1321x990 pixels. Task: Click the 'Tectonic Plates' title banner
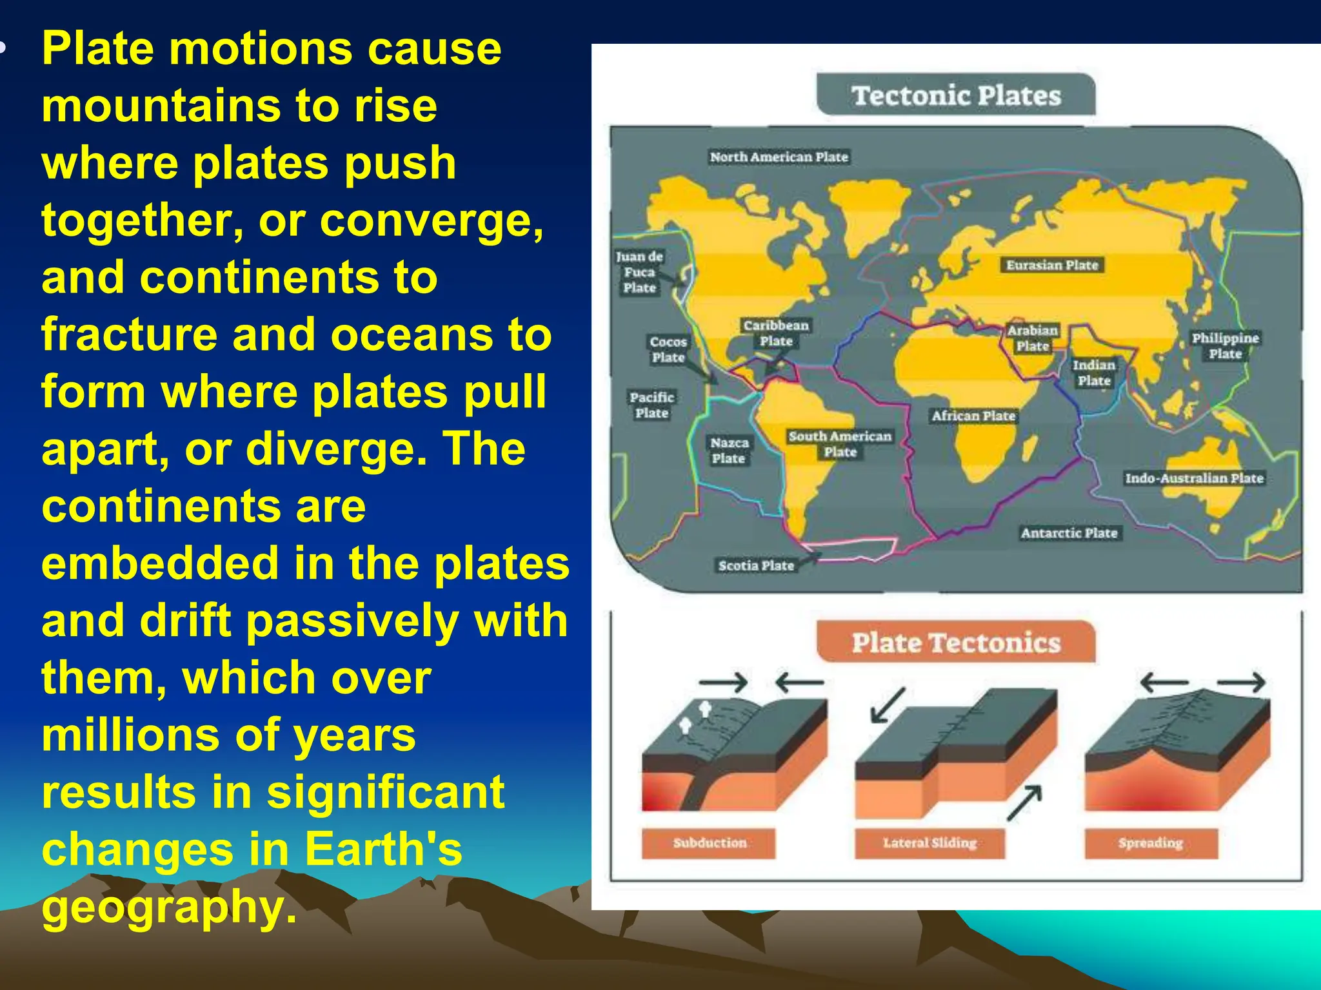click(x=955, y=95)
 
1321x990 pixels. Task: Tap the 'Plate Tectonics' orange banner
click(x=955, y=642)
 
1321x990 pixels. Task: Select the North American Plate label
click(x=779, y=157)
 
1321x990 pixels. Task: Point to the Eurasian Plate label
click(x=1052, y=265)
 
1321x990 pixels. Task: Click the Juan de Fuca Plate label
click(x=639, y=272)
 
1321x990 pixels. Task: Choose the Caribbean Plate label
click(x=776, y=333)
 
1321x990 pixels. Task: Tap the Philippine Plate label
click(x=1225, y=346)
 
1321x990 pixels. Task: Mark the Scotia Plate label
click(x=756, y=565)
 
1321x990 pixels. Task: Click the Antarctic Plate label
click(x=1069, y=533)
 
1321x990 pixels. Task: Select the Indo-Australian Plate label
click(x=1194, y=478)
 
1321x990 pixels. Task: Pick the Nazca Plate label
click(x=729, y=451)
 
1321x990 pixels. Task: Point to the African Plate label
click(x=973, y=416)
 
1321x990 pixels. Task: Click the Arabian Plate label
click(x=1033, y=338)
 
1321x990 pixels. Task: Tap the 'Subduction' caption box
click(x=709, y=843)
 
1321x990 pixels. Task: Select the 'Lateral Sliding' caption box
click(x=929, y=843)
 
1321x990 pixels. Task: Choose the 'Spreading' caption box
click(x=1151, y=843)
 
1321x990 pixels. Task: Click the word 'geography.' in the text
click(x=169, y=906)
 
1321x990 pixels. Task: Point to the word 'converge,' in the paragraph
click(x=432, y=220)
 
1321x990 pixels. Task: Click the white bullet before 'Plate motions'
click(x=3, y=47)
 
